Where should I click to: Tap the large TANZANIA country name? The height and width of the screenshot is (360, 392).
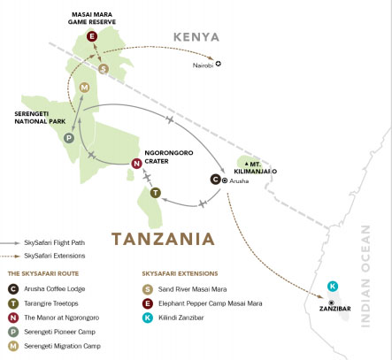click(162, 239)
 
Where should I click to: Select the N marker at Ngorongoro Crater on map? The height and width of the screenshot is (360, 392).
click(135, 164)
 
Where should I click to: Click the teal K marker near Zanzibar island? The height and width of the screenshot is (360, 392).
click(332, 286)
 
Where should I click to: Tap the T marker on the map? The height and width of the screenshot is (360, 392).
click(156, 193)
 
